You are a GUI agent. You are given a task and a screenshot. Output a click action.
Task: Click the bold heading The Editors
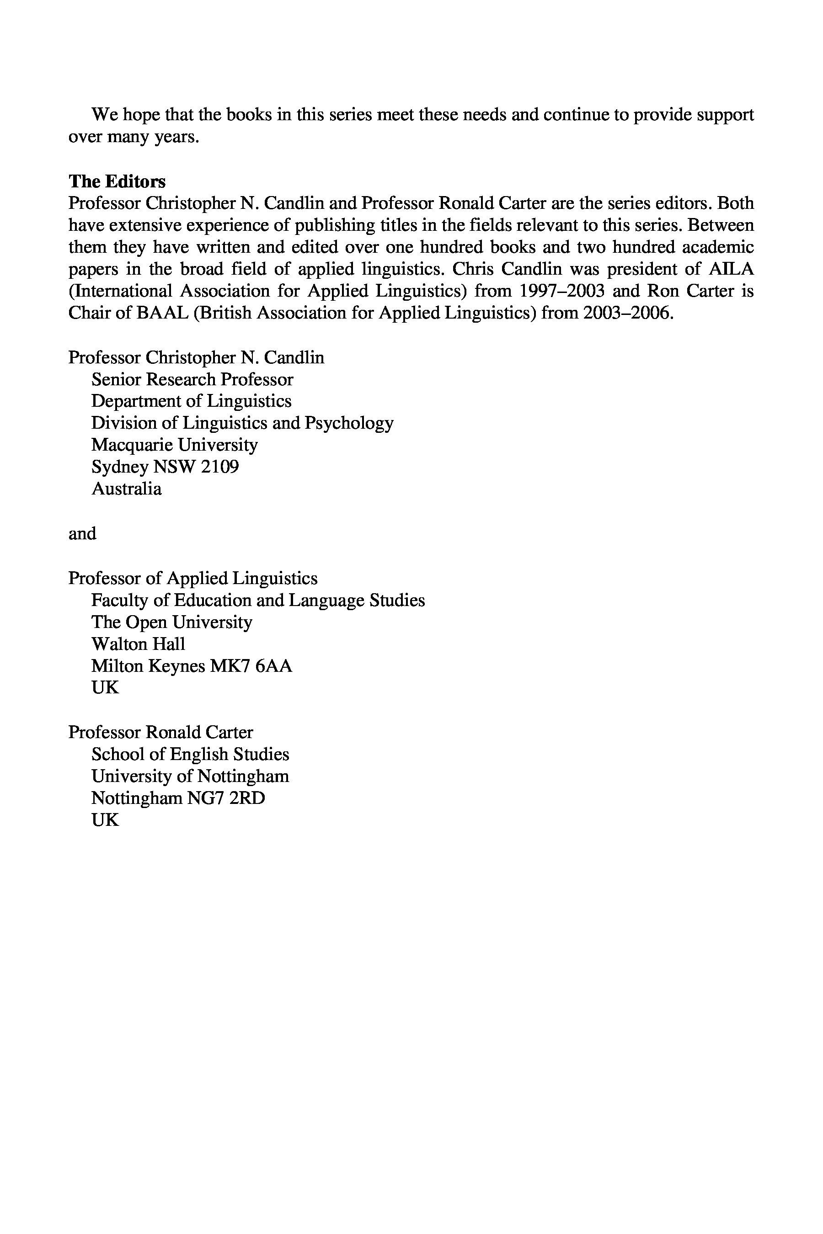point(117,181)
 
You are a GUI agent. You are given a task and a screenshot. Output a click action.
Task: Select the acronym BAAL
point(163,313)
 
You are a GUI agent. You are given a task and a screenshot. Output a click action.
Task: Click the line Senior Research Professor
point(192,379)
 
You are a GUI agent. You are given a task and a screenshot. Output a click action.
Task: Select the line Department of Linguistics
point(191,401)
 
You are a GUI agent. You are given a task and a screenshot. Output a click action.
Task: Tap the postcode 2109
point(219,467)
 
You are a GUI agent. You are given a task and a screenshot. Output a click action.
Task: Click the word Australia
point(127,489)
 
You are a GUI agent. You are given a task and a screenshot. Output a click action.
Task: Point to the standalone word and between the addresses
point(82,533)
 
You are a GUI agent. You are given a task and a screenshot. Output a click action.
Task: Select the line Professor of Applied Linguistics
point(192,578)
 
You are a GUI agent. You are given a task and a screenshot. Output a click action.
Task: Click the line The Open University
point(171,622)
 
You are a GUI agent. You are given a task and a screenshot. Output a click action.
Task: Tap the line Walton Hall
point(138,644)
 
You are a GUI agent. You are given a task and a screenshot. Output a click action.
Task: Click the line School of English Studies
point(190,755)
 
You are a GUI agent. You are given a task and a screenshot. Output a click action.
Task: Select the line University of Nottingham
point(190,777)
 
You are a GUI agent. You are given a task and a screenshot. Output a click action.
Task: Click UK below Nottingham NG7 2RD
point(105,820)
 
